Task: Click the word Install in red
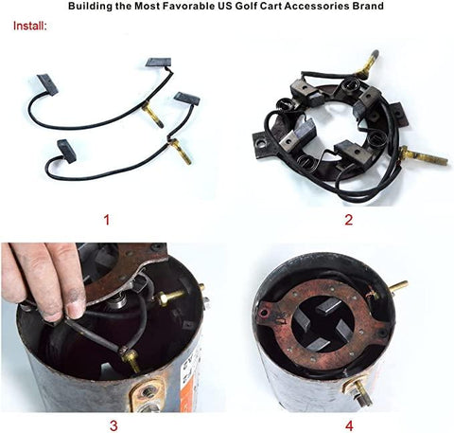point(29,26)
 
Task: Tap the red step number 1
point(107,220)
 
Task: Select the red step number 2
point(348,220)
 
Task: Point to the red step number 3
point(113,425)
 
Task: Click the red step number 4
point(349,425)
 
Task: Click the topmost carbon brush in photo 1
point(159,62)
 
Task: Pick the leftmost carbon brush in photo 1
point(47,83)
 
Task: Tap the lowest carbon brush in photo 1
point(67,151)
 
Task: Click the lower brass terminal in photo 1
point(179,152)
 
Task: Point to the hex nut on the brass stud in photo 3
point(163,298)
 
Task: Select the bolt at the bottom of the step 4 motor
point(359,391)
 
